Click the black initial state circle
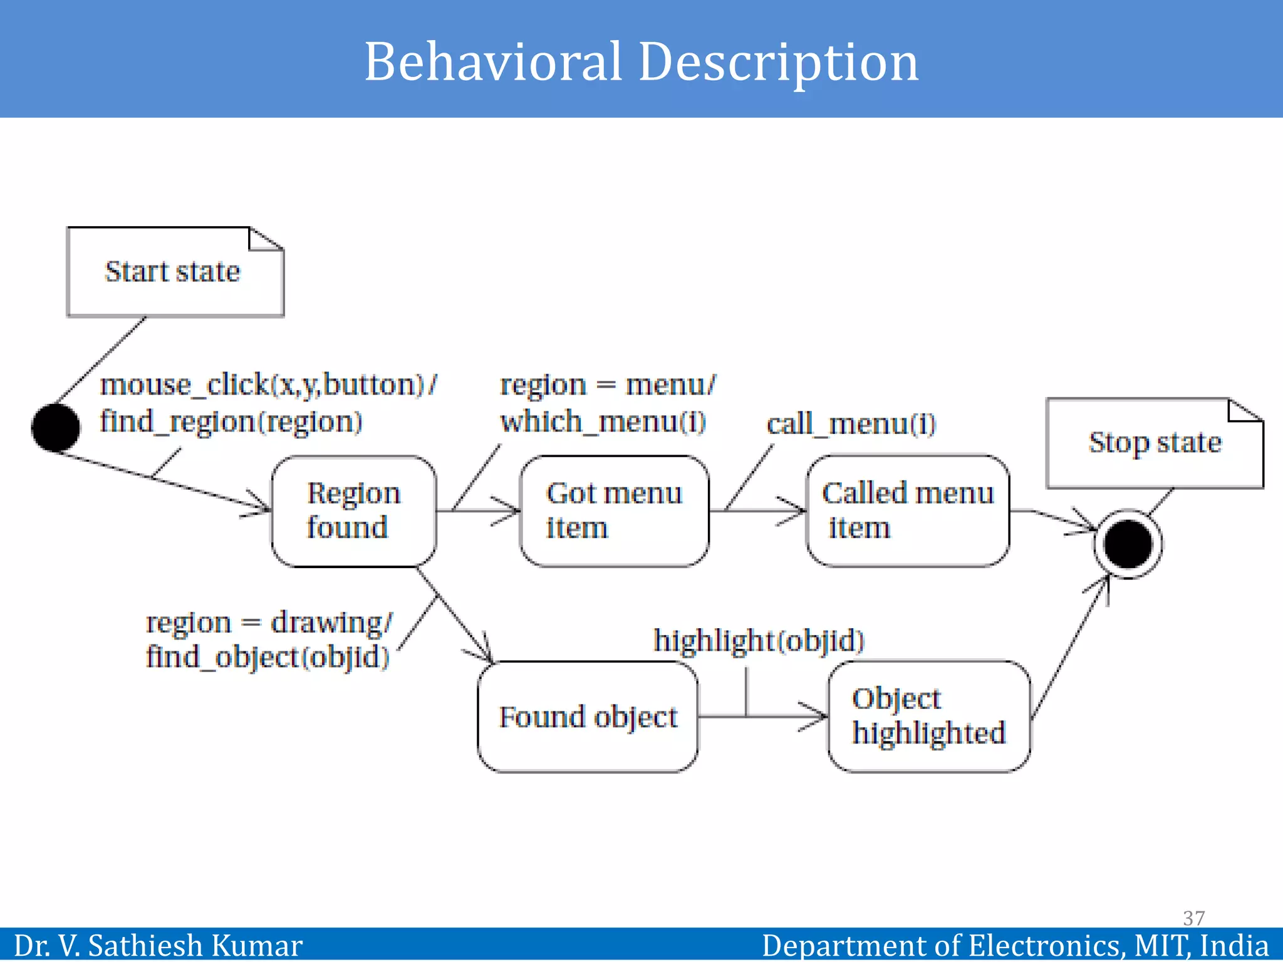pos(55,428)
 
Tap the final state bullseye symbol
pos(1128,544)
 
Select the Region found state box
pos(353,511)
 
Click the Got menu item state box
pos(614,511)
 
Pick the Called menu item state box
pos(907,511)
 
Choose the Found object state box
pos(588,716)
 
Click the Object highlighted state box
pos(928,716)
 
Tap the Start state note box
pos(174,272)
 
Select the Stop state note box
pos(1154,443)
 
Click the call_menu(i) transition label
pos(851,424)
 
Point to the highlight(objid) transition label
pos(759,641)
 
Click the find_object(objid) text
pos(268,657)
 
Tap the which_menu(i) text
pos(603,422)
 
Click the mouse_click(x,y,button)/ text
pos(268,385)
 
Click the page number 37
pos(1193,918)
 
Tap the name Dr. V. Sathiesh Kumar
pos(158,945)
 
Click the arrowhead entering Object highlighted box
pos(818,716)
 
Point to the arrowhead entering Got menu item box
pos(511,511)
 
